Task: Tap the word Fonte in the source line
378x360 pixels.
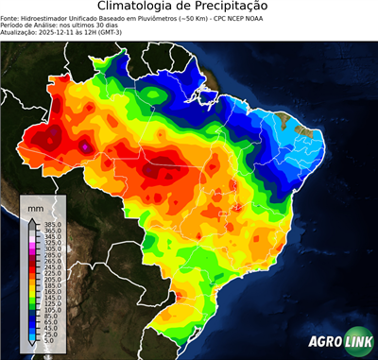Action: tap(11, 17)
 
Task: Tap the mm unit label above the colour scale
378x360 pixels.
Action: tap(36, 206)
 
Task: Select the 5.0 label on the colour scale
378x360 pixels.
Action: tap(48, 341)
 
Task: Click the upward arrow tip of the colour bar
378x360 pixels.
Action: tap(31, 219)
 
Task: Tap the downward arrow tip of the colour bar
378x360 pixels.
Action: tap(31, 346)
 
